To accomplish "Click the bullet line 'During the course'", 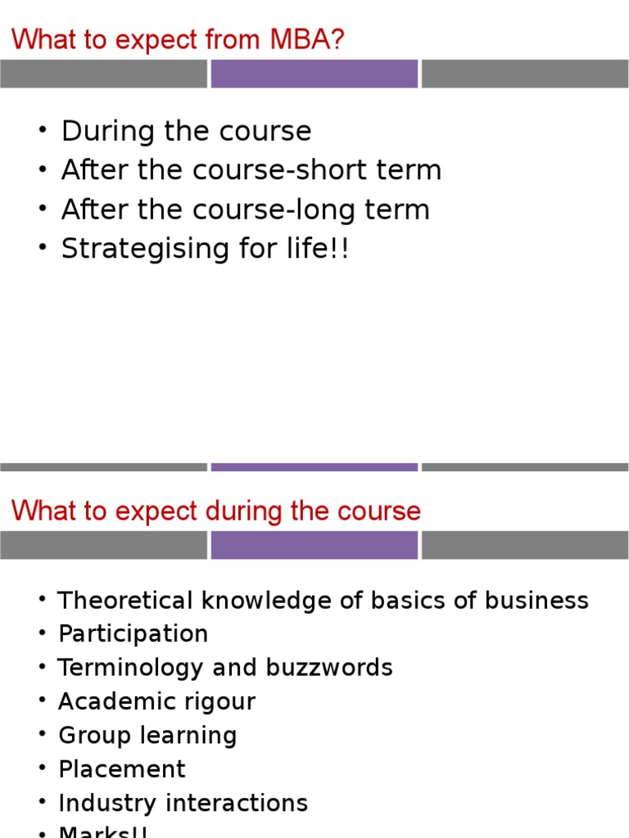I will (x=186, y=131).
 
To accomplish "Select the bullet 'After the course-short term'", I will (x=251, y=170).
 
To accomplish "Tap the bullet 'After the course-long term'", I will (x=245, y=209).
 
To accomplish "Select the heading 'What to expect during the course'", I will (x=216, y=511).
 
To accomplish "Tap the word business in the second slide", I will (x=536, y=601).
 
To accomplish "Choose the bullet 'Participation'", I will (x=133, y=634).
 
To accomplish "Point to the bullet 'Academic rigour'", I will (x=156, y=701).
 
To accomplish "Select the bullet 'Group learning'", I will (x=147, y=735).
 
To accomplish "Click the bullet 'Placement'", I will (x=122, y=769).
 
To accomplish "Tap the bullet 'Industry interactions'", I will (x=183, y=803).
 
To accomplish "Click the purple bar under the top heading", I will (x=314, y=74).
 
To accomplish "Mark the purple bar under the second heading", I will (x=314, y=545).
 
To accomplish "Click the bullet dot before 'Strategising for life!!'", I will (x=43, y=249).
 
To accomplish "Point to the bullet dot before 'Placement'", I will (x=43, y=769).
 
